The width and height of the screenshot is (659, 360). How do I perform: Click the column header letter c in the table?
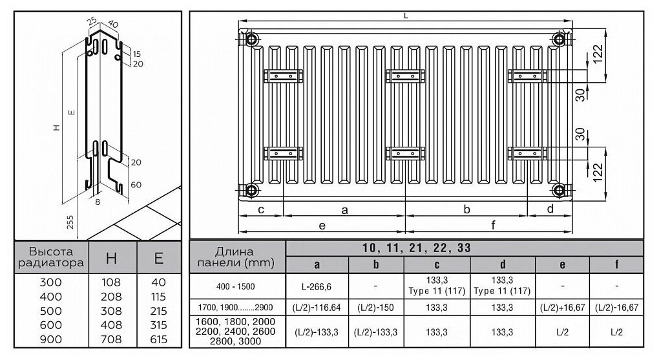point(437,264)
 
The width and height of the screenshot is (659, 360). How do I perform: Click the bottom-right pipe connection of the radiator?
point(559,190)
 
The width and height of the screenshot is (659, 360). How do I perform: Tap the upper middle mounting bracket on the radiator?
point(405,76)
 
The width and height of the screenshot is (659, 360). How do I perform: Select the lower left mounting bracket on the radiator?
point(282,154)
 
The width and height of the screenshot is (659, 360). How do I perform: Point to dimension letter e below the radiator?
point(322,226)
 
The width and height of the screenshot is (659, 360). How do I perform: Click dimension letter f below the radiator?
point(493,226)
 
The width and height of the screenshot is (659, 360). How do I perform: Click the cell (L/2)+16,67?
point(561,308)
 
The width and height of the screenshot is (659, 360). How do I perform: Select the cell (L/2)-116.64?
point(317,308)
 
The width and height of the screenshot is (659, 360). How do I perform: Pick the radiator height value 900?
point(51,339)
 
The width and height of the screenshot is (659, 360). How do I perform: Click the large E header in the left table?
point(158,259)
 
